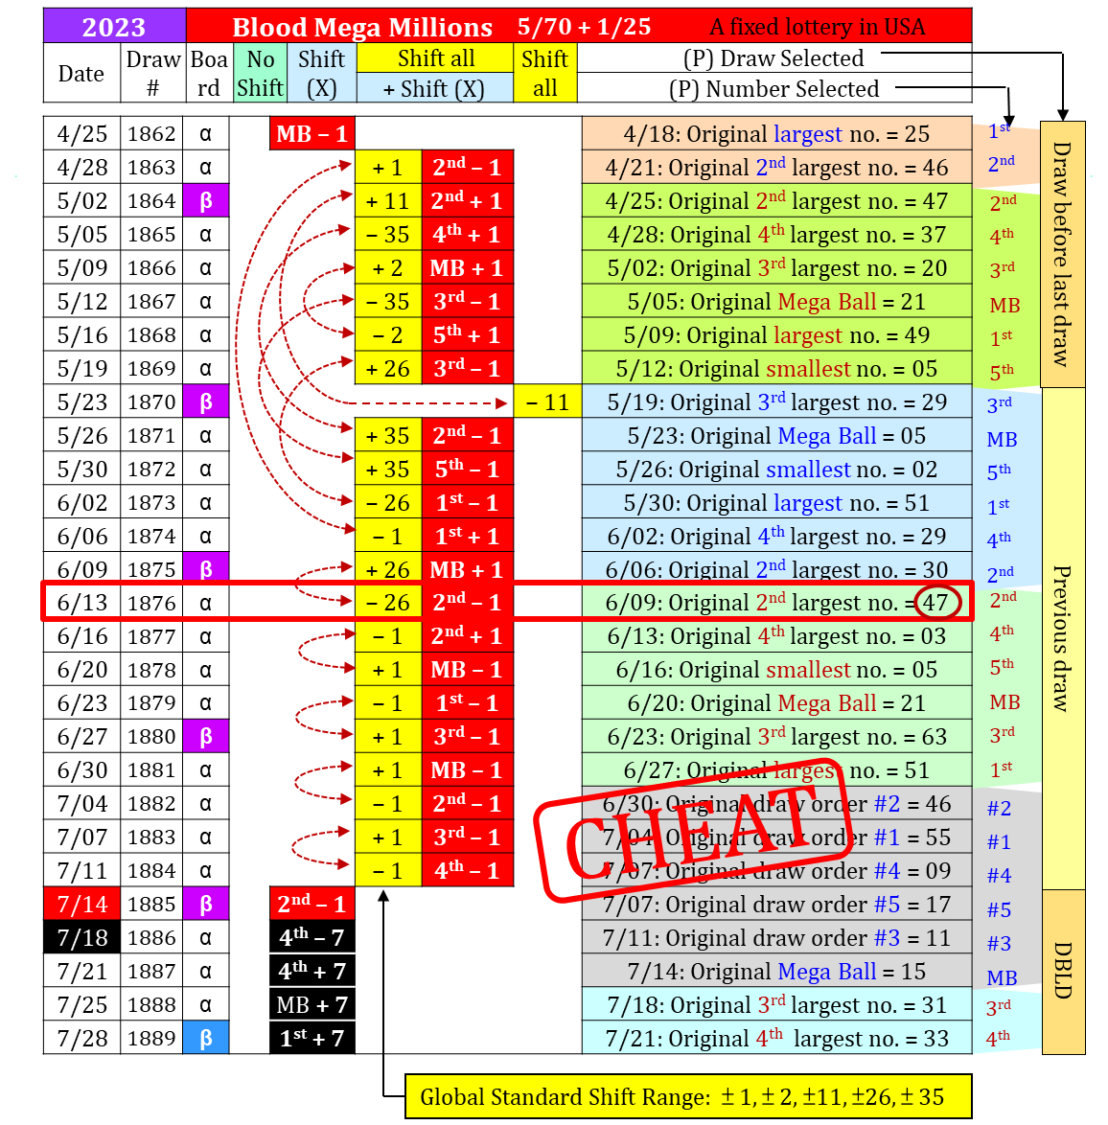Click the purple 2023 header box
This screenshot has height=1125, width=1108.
click(x=114, y=26)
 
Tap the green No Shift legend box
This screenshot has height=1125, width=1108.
click(x=260, y=73)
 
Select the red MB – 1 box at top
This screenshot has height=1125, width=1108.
click(x=312, y=133)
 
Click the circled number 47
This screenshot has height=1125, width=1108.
click(x=935, y=603)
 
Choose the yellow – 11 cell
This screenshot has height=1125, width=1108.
click(x=547, y=402)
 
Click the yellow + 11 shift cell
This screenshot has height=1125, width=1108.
click(x=388, y=201)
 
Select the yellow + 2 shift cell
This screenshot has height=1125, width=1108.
click(x=388, y=268)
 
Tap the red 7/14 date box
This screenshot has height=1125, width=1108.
click(x=82, y=904)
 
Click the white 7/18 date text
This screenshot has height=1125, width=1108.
click(x=82, y=937)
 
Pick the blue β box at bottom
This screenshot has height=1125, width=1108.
click(x=206, y=1038)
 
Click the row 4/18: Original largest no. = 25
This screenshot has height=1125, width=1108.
click(x=776, y=134)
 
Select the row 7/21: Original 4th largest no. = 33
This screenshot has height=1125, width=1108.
click(x=776, y=1039)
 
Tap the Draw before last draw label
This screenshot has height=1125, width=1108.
click(x=1062, y=254)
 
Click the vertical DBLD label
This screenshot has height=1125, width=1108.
click(x=1063, y=971)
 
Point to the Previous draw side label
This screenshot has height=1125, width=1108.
click(x=1062, y=637)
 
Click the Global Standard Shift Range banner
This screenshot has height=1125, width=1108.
click(x=688, y=1097)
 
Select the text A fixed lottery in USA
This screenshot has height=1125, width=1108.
click(x=818, y=27)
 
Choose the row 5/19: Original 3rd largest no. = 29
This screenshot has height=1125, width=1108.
click(x=776, y=402)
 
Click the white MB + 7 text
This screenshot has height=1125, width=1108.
click(x=312, y=1005)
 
